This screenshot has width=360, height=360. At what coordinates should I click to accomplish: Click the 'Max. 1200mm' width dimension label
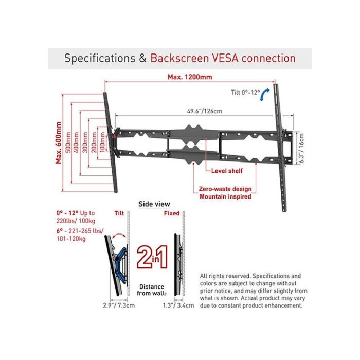190,77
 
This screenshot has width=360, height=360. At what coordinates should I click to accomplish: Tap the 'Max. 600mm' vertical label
59,142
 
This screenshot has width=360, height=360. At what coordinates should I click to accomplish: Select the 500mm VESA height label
68,142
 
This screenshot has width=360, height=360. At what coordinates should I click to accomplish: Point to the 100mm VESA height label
103,142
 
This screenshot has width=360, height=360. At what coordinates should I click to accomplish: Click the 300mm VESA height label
85,142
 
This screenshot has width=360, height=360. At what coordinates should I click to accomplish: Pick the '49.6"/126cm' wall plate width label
205,111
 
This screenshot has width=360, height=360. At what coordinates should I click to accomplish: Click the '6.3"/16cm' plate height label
301,148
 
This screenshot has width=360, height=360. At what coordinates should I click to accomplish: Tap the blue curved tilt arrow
264,95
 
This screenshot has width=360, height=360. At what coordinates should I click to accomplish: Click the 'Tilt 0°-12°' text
245,92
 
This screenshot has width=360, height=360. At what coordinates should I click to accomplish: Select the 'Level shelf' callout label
227,171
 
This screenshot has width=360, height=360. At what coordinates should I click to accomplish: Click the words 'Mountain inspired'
225,197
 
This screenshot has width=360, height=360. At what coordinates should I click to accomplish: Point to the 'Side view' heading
154,204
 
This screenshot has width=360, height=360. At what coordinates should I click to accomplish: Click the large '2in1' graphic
152,257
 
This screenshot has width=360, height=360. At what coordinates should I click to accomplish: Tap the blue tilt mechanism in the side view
121,264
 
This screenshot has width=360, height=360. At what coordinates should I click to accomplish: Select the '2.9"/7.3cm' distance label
119,305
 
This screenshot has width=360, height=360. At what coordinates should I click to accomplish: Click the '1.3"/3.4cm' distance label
178,305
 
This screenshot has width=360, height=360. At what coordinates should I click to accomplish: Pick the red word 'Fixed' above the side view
172,213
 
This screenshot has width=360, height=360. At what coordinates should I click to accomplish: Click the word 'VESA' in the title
225,58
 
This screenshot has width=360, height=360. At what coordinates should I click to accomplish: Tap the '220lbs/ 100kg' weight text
76,221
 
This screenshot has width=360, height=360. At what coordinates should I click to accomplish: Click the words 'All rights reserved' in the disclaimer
225,276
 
